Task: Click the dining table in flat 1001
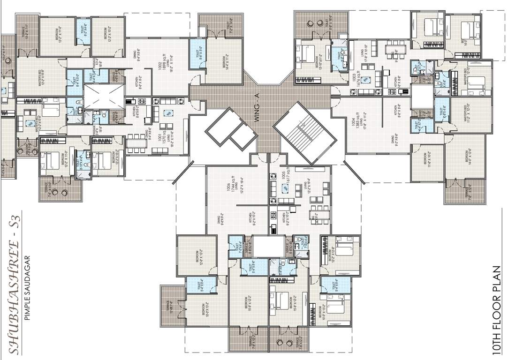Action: pos(136,141)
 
